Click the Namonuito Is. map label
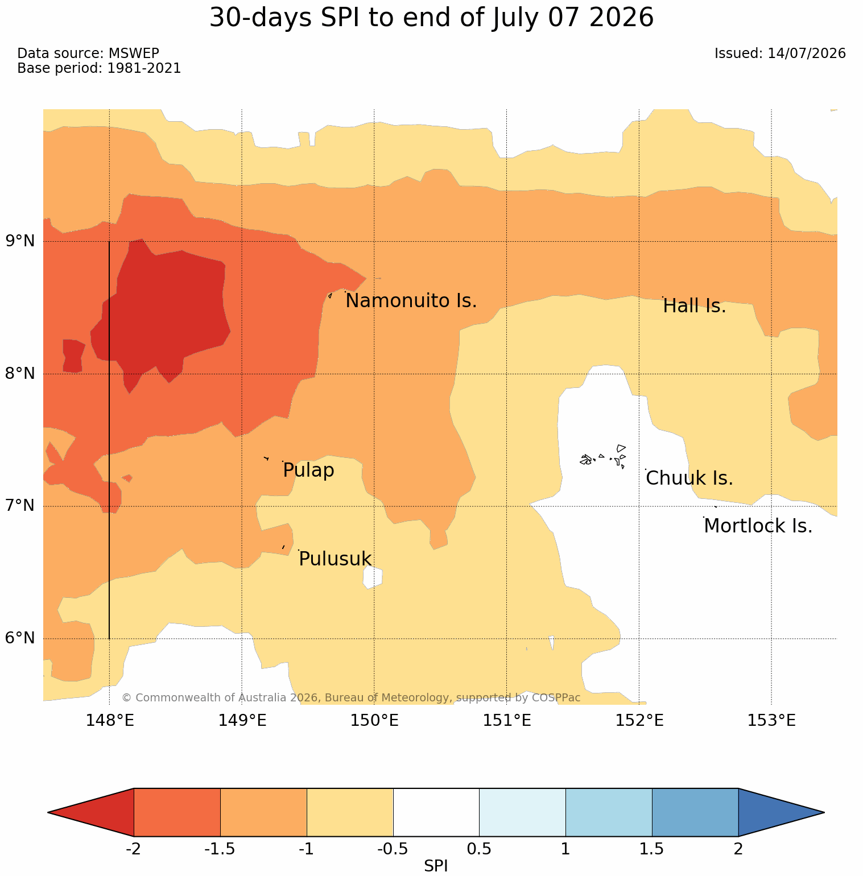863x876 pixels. pyautogui.click(x=411, y=301)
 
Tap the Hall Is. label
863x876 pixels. pyautogui.click(x=695, y=306)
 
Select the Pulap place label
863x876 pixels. pyautogui.click(x=308, y=470)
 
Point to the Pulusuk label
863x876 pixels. pyautogui.click(x=335, y=559)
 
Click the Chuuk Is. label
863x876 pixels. pyautogui.click(x=689, y=478)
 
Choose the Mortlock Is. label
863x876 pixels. pyautogui.click(x=758, y=526)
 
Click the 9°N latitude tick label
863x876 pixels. pyautogui.click(x=20, y=241)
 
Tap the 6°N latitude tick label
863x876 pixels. pyautogui.click(x=20, y=638)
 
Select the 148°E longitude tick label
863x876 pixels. pyautogui.click(x=110, y=721)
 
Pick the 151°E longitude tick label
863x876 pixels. pyautogui.click(x=507, y=721)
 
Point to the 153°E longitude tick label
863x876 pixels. pyautogui.click(x=771, y=721)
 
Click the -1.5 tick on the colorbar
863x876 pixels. pyautogui.click(x=220, y=849)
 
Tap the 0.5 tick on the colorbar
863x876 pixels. pyautogui.click(x=479, y=849)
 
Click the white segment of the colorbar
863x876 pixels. pyautogui.click(x=436, y=812)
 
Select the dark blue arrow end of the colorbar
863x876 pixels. pyautogui.click(x=781, y=812)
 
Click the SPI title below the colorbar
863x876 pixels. pyautogui.click(x=436, y=866)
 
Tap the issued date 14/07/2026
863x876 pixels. pyautogui.click(x=807, y=53)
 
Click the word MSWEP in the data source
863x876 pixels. pyautogui.click(x=134, y=53)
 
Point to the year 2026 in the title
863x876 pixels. pyautogui.click(x=621, y=18)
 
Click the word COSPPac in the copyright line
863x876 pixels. pyautogui.click(x=556, y=697)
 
